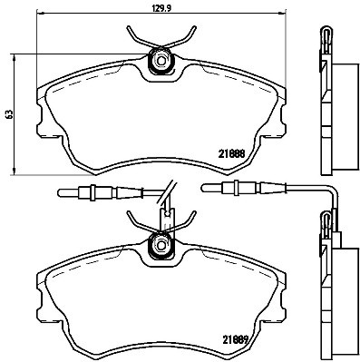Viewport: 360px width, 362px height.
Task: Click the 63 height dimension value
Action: click(x=9, y=115)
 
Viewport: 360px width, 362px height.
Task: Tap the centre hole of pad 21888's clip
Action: click(x=161, y=62)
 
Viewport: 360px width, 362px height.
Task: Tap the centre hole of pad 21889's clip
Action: click(x=161, y=244)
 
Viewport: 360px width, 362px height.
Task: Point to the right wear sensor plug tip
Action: click(x=205, y=189)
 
